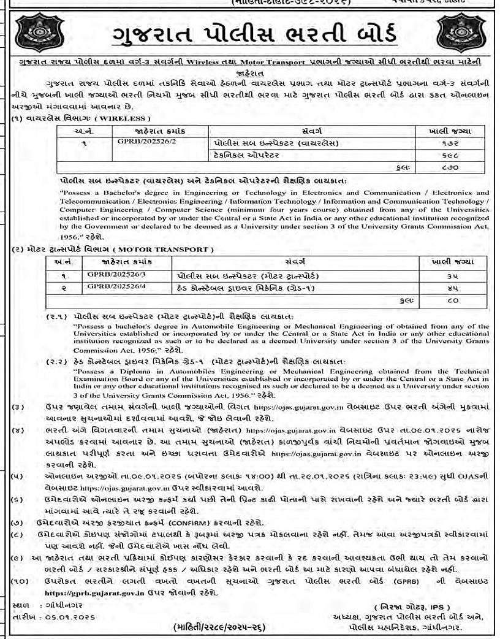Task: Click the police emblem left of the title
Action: click(x=39, y=33)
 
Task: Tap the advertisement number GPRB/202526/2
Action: click(x=141, y=143)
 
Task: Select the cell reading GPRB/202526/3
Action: click(x=110, y=275)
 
